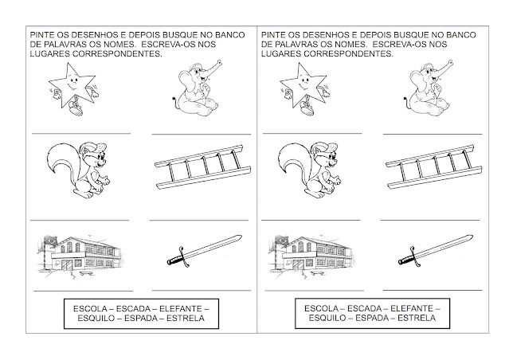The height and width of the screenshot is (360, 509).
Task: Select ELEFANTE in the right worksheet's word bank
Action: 412,308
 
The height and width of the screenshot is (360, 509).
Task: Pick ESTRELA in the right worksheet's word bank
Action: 417,318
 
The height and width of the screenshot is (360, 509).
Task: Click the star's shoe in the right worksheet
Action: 307,108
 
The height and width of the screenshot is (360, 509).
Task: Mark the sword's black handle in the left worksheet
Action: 174,259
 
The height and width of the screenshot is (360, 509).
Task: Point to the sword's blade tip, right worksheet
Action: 472,236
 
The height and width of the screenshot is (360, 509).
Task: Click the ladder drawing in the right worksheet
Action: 433,167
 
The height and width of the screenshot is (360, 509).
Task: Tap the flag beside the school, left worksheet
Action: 50,240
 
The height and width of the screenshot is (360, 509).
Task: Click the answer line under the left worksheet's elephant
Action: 202,134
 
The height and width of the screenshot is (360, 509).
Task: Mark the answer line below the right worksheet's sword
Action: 433,290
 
